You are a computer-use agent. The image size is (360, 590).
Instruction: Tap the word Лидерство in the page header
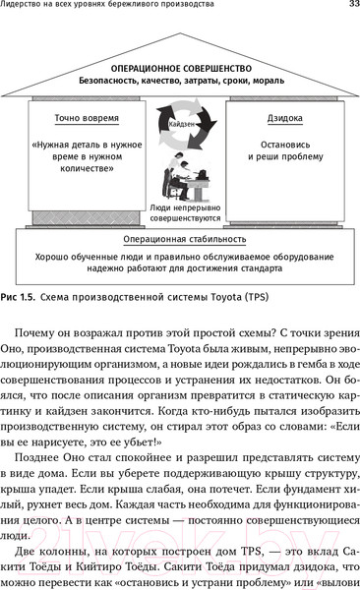[x=25, y=8]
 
